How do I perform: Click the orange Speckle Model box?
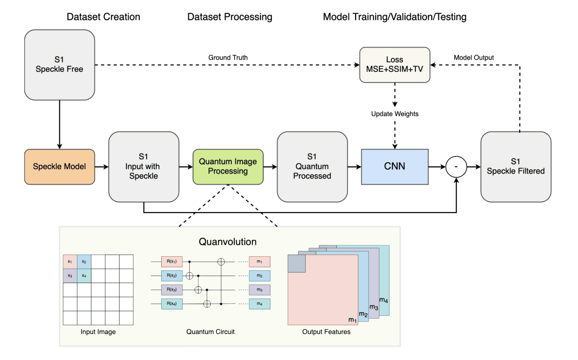pyautogui.click(x=60, y=167)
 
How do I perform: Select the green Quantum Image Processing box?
pyautogui.click(x=228, y=167)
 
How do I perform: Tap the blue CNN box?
pyautogui.click(x=394, y=167)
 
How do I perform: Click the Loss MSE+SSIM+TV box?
pyautogui.click(x=394, y=65)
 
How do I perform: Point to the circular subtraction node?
pyautogui.click(x=456, y=167)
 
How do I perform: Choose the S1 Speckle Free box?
pyautogui.click(x=60, y=65)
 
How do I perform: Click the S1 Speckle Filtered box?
pyautogui.click(x=516, y=167)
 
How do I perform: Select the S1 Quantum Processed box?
pyautogui.click(x=312, y=167)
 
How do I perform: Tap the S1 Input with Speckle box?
pyautogui.click(x=143, y=167)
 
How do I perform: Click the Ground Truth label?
pyautogui.click(x=228, y=58)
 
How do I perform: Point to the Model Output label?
pyautogui.click(x=473, y=58)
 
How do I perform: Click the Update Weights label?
pyautogui.click(x=394, y=114)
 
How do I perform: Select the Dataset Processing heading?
pyautogui.click(x=229, y=17)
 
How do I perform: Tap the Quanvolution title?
pyautogui.click(x=227, y=242)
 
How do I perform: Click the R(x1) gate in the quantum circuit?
pyautogui.click(x=172, y=261)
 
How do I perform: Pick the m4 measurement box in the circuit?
pyautogui.click(x=259, y=304)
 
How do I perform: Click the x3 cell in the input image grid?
pyautogui.click(x=70, y=276)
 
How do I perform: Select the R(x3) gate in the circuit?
pyautogui.click(x=172, y=290)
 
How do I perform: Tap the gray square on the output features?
pyautogui.click(x=296, y=264)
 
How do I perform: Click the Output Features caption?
pyautogui.click(x=326, y=332)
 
